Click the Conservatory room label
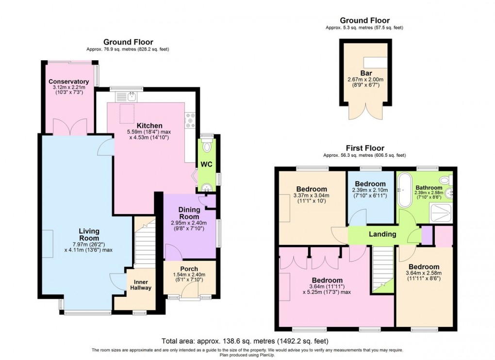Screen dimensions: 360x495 coord(68,82)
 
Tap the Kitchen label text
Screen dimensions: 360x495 coord(149,126)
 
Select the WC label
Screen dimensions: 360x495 coord(207,164)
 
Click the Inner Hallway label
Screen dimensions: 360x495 coord(141,285)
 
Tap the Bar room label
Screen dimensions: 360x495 coord(365,73)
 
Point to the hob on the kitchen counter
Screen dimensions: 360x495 coord(190,120)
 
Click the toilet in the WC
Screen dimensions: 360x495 coord(208,146)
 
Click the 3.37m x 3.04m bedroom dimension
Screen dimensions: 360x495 coord(311,196)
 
